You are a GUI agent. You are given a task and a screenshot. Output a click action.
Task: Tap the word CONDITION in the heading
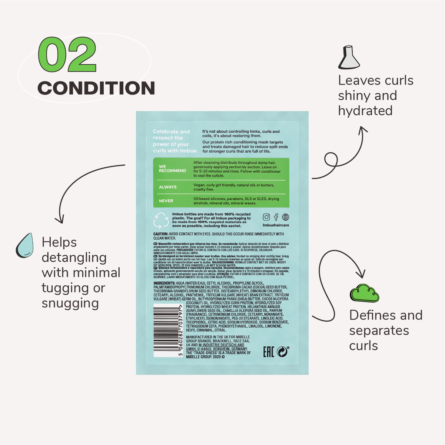96,88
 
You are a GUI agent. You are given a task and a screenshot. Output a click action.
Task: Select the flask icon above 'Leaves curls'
349,57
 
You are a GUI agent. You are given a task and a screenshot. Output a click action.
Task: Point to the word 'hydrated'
365,111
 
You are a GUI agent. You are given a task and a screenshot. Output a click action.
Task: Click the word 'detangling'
74,258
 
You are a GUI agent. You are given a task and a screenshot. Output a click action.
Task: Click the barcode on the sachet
167,330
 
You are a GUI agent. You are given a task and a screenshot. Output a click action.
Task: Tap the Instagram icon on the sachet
266,217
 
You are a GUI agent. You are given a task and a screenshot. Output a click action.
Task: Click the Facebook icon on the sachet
276,217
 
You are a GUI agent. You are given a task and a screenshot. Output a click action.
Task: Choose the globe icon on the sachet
286,217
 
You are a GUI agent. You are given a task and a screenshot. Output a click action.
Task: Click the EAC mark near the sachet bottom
268,352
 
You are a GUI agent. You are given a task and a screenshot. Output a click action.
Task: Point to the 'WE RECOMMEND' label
172,169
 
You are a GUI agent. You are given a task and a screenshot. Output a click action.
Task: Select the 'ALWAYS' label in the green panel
167,187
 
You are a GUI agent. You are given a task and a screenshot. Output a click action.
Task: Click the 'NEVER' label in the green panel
166,201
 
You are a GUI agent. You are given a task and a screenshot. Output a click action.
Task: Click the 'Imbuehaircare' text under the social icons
276,225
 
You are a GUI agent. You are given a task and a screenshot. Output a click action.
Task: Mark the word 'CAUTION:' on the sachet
161,234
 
